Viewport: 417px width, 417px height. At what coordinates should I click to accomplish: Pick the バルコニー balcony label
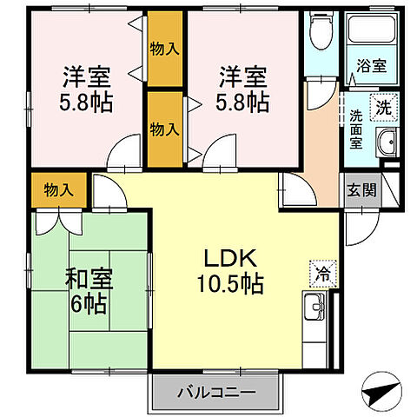point(216,392)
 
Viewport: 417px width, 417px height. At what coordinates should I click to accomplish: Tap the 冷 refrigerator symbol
point(321,273)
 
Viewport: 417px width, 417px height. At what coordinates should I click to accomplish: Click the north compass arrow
point(380,392)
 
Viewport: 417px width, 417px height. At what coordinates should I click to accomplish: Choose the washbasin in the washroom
point(387,141)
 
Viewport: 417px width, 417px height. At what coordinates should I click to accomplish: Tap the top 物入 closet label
point(165,48)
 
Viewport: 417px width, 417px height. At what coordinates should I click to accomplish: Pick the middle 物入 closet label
point(165,129)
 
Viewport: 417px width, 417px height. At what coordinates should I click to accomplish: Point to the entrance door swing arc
point(358,228)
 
